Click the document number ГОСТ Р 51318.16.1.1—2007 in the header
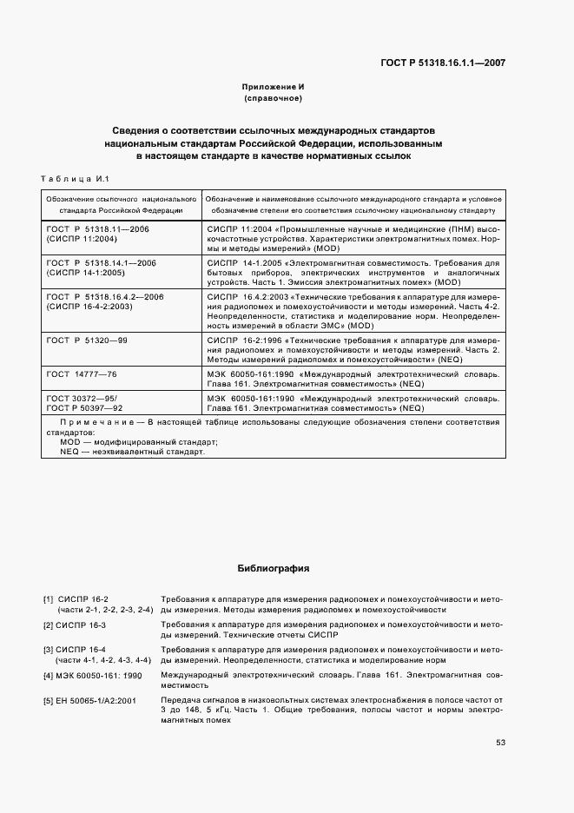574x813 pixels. [x=443, y=63]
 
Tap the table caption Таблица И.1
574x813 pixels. [x=72, y=180]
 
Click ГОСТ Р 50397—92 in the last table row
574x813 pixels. [x=84, y=406]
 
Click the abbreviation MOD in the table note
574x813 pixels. [x=69, y=442]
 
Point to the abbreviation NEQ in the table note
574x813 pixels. [x=69, y=452]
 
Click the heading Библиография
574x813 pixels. [x=273, y=569]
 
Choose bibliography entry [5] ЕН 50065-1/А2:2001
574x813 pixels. [x=98, y=699]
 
